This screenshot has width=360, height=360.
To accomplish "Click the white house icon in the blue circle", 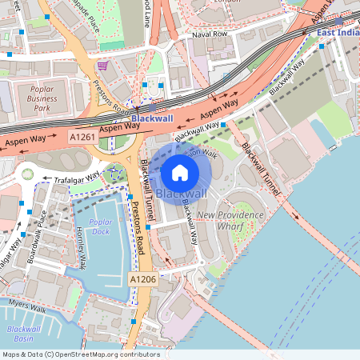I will tap(180, 172).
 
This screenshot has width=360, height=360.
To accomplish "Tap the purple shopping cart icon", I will tap(102, 66).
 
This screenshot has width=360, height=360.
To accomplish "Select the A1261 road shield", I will tap(82, 137).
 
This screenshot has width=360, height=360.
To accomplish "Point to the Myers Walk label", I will tap(28, 305).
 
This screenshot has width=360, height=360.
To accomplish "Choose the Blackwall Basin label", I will tap(23, 334).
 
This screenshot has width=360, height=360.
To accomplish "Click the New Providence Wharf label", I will tap(230, 221).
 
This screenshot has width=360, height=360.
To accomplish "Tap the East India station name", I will tap(338, 32).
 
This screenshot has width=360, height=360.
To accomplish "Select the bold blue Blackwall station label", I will tap(152, 118).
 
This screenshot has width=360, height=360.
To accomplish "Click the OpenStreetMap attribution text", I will tap(81, 354).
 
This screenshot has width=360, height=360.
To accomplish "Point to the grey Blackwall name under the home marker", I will tap(181, 194).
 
